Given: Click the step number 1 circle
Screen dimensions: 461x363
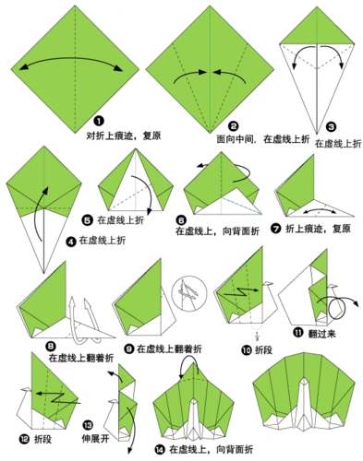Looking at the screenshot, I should coord(98,121).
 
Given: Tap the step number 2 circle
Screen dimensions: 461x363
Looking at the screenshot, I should coord(234,125).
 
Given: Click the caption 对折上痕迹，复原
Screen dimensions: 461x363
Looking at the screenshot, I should coord(124,135).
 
